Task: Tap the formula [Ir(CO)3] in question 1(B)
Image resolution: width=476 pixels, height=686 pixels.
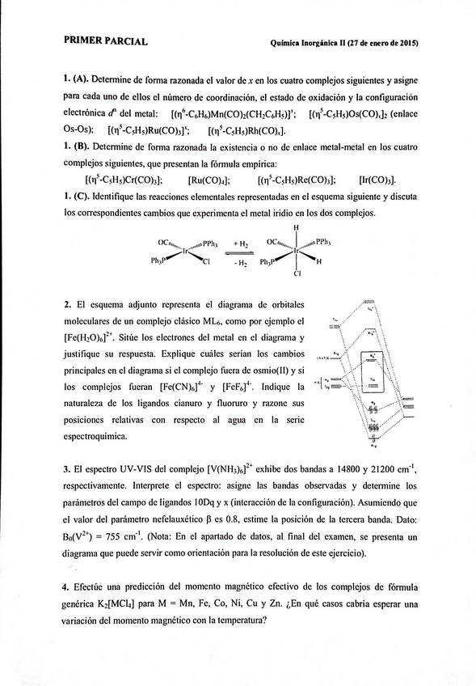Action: (376, 180)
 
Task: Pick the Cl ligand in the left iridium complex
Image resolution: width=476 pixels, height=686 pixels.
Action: (206, 262)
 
